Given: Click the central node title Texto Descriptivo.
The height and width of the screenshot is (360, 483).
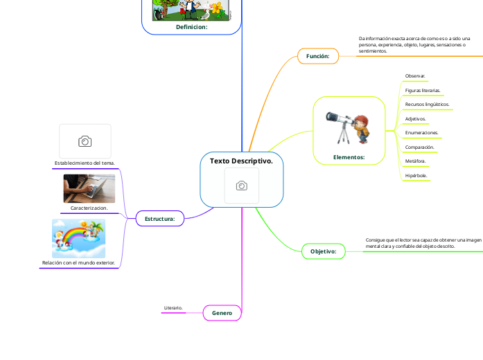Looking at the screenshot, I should pyautogui.click(x=241, y=161).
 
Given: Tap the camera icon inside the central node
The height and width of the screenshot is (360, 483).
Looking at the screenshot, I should pyautogui.click(x=242, y=186).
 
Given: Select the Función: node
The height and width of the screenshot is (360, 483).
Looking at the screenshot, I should pyautogui.click(x=318, y=55).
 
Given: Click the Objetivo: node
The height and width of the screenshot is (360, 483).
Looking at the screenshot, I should pyautogui.click(x=323, y=251).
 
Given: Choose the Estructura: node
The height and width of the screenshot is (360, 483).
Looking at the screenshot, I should pyautogui.click(x=159, y=219).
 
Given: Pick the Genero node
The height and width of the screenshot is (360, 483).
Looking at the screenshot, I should pyautogui.click(x=222, y=313).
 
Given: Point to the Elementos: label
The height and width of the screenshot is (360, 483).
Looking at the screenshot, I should pyautogui.click(x=349, y=157).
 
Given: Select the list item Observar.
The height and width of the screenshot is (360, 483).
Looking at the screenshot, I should pyautogui.click(x=415, y=75).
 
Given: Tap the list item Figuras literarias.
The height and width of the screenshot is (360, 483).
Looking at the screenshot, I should pyautogui.click(x=422, y=90).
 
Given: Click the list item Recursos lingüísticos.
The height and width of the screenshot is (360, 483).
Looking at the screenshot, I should pyautogui.click(x=427, y=104).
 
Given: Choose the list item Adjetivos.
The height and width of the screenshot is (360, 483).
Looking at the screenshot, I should pyautogui.click(x=415, y=118).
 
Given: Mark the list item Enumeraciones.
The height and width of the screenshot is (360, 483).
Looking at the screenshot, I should pyautogui.click(x=421, y=132).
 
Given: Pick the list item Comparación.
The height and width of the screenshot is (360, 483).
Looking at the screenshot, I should pyautogui.click(x=419, y=147).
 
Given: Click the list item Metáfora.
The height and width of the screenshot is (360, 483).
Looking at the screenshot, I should pyautogui.click(x=415, y=161).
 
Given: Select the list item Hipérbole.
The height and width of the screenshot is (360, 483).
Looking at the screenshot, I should pyautogui.click(x=416, y=176).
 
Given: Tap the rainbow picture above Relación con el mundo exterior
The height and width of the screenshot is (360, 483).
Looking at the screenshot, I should pyautogui.click(x=78, y=238).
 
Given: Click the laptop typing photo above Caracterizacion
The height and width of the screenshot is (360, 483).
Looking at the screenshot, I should pyautogui.click(x=89, y=188).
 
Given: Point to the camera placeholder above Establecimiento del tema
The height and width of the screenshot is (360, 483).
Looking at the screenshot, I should pyautogui.click(x=85, y=141).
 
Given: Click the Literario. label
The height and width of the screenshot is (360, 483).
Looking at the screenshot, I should pyautogui.click(x=173, y=307).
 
